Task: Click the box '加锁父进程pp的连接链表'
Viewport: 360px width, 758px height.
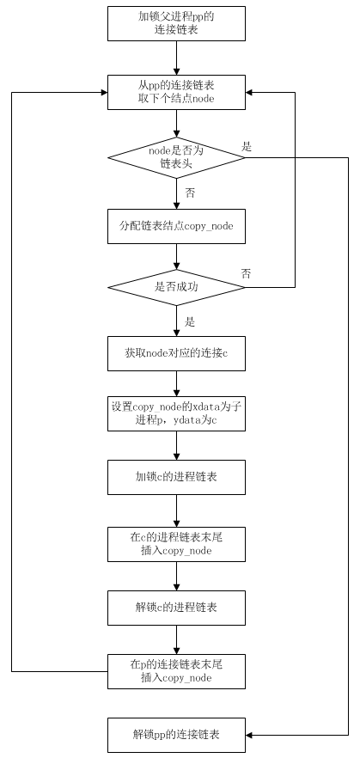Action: [x=176, y=24]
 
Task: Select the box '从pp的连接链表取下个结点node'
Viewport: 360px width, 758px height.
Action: [x=176, y=92]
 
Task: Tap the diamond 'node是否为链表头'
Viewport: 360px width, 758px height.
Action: [x=176, y=157]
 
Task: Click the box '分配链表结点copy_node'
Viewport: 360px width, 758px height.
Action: [x=176, y=226]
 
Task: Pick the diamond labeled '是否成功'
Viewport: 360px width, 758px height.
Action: [x=176, y=287]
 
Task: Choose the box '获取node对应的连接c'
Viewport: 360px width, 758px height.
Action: [x=176, y=353]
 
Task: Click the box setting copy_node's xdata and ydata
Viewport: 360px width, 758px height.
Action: [x=176, y=414]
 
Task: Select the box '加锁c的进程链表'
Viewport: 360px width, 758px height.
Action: [x=176, y=477]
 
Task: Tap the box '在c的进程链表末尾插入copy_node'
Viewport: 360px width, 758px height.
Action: [x=176, y=544]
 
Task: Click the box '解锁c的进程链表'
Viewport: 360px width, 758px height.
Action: [x=176, y=607]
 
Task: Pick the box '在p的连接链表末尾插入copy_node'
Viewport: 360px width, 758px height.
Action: [x=176, y=671]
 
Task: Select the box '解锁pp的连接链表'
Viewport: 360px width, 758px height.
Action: [x=176, y=736]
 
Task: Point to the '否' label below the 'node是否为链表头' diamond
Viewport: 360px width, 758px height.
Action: [x=190, y=193]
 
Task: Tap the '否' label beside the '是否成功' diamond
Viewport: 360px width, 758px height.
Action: [x=246, y=274]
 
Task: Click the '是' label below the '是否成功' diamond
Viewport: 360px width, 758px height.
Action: [x=190, y=321]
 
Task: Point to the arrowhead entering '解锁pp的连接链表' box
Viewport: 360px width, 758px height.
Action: [x=249, y=736]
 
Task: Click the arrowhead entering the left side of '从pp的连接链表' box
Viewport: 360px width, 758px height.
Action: [x=104, y=92]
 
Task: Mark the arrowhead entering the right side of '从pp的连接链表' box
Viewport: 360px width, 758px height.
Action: [x=249, y=92]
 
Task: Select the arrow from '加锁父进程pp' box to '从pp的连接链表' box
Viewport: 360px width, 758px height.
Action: [x=176, y=58]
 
